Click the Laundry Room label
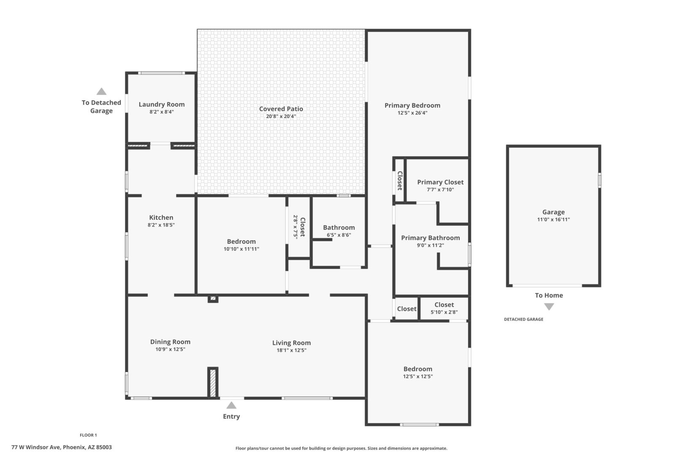(161, 104)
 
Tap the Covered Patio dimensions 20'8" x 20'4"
(281, 116)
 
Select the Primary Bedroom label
(412, 105)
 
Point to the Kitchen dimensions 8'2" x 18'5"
(161, 225)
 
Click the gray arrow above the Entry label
(231, 405)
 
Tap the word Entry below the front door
(231, 416)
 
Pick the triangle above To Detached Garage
(102, 91)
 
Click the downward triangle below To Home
(549, 307)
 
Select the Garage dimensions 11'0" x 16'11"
(554, 219)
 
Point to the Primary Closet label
(440, 182)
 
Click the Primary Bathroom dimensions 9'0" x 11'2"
(430, 245)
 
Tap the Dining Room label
(170, 342)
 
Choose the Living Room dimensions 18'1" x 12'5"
(291, 350)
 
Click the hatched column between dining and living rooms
(213, 383)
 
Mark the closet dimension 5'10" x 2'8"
(444, 312)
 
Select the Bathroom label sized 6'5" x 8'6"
(339, 227)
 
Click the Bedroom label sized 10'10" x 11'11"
(241, 242)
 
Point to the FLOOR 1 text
(88, 435)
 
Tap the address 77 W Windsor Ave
(36, 447)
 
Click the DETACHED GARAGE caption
(524, 319)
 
